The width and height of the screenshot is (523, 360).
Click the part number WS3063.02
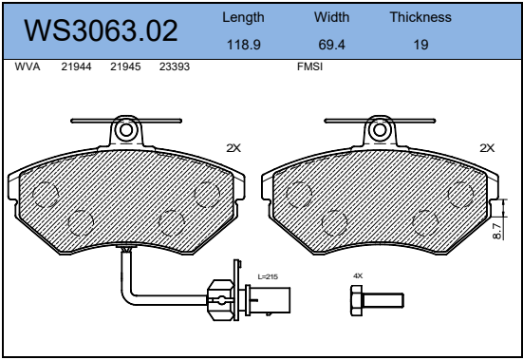(101, 30)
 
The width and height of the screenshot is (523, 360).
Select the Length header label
(243, 18)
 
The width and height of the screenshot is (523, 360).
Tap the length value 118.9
(244, 45)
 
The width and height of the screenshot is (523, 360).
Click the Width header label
(331, 17)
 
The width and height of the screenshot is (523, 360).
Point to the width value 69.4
(331, 45)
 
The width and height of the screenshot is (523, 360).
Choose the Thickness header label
(420, 17)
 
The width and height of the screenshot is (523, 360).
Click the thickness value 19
(420, 45)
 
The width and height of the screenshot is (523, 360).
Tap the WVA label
(28, 66)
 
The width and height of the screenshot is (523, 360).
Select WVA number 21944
(76, 66)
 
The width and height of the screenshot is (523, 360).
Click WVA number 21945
(125, 66)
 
